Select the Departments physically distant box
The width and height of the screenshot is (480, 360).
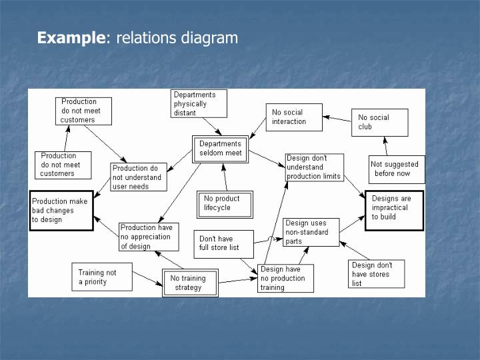(x=199, y=104)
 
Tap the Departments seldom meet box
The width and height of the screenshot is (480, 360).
(x=220, y=148)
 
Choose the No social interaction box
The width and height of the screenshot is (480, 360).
(x=293, y=117)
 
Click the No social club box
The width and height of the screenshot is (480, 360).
(x=379, y=122)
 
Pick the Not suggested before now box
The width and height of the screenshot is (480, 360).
(x=396, y=169)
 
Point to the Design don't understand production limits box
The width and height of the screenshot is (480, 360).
(x=315, y=167)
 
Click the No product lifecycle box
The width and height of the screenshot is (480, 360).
(x=225, y=203)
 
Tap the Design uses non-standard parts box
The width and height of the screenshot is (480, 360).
(x=311, y=232)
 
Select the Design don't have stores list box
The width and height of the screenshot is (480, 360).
(x=376, y=274)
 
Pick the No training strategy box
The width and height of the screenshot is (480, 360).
(x=190, y=283)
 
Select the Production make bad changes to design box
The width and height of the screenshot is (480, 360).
(x=61, y=210)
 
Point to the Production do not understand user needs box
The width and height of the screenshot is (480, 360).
(x=139, y=177)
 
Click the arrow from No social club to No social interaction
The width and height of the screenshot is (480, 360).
(x=337, y=117)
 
